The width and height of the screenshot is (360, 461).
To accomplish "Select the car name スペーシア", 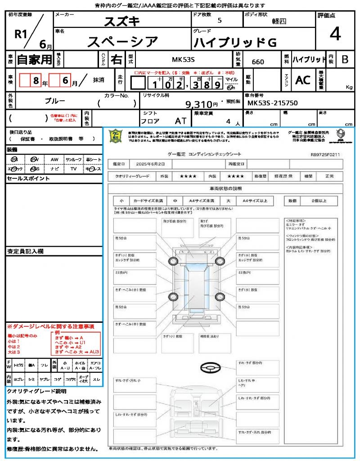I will (x=122, y=42).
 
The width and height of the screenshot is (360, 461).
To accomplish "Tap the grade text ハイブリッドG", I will (x=235, y=43).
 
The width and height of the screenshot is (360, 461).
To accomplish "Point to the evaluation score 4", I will (x=334, y=34).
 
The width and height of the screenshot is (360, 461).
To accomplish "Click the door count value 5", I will (x=219, y=21).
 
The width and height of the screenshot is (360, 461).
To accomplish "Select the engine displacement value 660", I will (x=258, y=62).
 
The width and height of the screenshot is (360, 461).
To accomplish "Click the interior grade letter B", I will (x=345, y=59).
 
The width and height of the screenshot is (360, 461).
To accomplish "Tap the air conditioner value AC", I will (x=302, y=80).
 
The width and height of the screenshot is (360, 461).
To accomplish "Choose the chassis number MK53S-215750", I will (x=273, y=103).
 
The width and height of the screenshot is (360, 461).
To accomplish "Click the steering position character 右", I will (x=116, y=59).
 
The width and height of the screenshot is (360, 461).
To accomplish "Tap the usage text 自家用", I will (x=35, y=59).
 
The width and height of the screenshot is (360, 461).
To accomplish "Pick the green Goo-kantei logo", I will (x=116, y=136).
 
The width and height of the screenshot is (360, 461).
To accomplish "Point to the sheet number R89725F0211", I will (x=325, y=154).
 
